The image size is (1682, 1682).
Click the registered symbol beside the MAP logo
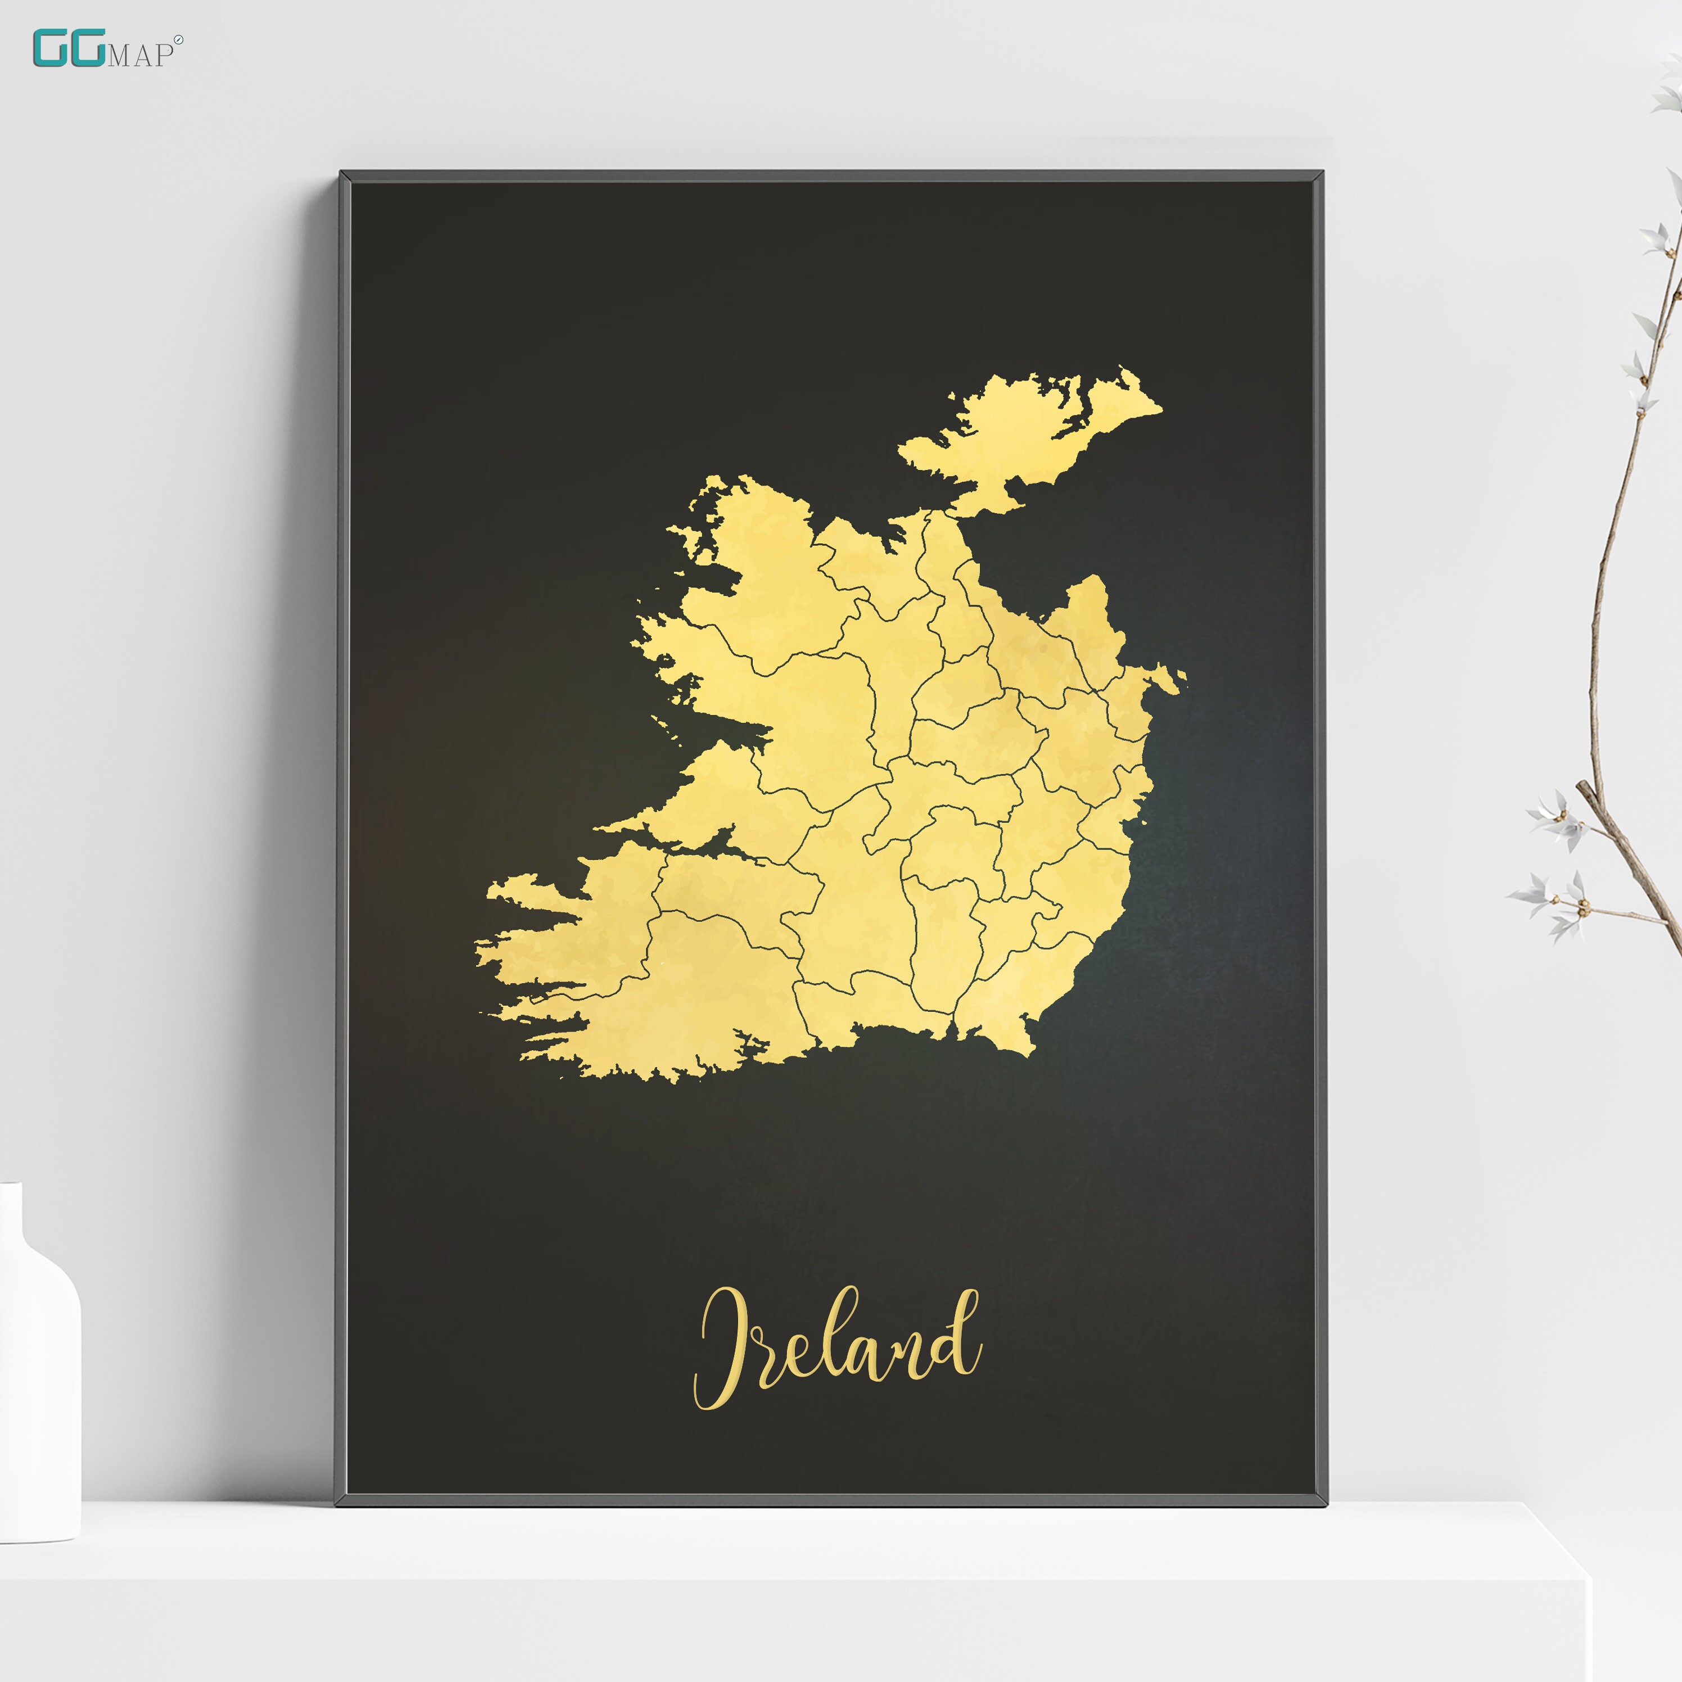(x=178, y=40)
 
